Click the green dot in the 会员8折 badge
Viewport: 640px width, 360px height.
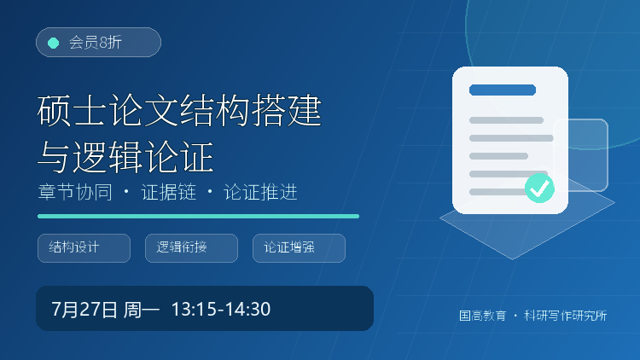click(54, 43)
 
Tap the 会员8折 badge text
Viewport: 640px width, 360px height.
click(95, 43)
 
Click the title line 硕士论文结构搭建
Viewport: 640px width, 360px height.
click(179, 111)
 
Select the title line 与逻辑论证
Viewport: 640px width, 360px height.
click(125, 157)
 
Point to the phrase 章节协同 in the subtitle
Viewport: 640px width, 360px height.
click(75, 192)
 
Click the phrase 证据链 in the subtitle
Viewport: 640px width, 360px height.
click(169, 192)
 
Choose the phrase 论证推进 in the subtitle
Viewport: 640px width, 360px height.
click(260, 192)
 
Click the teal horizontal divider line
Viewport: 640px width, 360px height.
click(198, 217)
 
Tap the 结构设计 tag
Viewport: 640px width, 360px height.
click(84, 248)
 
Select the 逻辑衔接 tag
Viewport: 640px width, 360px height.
click(191, 248)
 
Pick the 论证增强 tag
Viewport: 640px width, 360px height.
click(300, 248)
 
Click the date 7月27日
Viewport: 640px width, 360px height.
click(84, 310)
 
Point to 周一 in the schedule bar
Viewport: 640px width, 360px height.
click(141, 310)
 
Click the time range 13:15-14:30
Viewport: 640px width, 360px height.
click(221, 310)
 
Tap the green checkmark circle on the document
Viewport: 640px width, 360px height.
click(539, 189)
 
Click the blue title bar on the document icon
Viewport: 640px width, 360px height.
click(503, 90)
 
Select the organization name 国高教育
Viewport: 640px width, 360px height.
click(482, 316)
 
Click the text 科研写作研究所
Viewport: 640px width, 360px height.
click(565, 316)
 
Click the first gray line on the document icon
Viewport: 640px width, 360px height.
click(506, 120)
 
